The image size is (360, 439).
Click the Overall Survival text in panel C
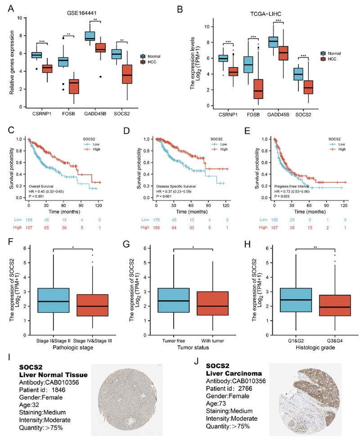tap(43, 185)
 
